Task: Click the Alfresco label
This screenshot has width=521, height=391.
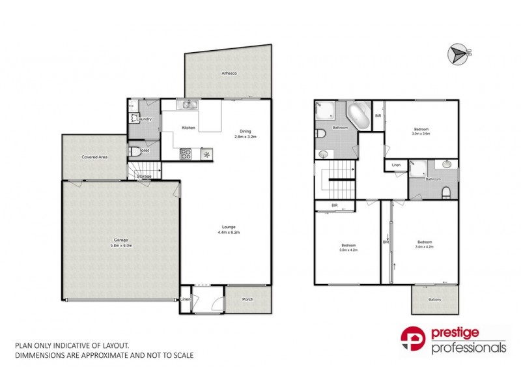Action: coord(229,74)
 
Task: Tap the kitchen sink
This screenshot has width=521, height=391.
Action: coord(189,105)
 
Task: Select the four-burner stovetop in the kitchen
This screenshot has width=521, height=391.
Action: coord(186,154)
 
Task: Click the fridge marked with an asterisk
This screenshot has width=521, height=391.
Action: coord(207,154)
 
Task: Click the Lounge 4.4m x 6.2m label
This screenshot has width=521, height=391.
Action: coord(229,229)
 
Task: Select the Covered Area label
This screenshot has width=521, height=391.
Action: coord(94,157)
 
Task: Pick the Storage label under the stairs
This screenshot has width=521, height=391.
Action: coord(145,177)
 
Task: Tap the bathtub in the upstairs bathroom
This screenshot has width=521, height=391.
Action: coord(359,117)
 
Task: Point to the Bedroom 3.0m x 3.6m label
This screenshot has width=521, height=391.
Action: coord(421,131)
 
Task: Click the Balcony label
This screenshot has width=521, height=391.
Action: coord(434,299)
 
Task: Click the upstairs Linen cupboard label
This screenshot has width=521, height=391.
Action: coord(396,166)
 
